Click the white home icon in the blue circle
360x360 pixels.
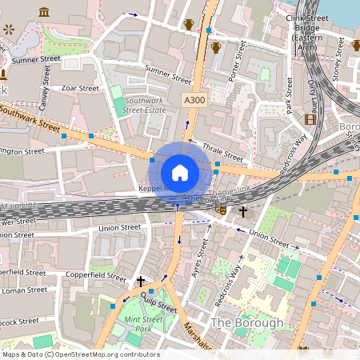tap(180, 173)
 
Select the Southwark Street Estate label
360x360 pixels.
tap(144, 106)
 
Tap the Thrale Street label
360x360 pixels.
tap(222, 152)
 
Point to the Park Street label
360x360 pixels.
tap(288, 102)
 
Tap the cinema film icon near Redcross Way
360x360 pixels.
tap(310, 119)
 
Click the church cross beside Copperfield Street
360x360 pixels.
tap(141, 281)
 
